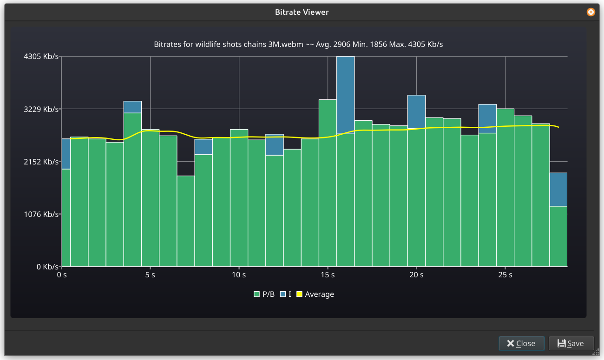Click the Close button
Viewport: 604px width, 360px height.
coord(521,343)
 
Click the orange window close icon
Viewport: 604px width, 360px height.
coord(591,12)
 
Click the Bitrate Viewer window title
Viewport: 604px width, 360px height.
coord(302,12)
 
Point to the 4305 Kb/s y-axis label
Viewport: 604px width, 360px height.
coord(41,57)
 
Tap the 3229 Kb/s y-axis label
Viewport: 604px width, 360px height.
coord(41,109)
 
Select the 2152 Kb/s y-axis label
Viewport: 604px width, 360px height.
coord(41,162)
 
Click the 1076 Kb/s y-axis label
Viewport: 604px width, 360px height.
coord(41,214)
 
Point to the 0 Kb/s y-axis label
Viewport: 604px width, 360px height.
coord(45,267)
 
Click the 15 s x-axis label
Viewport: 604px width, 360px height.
coord(328,275)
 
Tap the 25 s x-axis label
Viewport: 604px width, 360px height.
coord(505,275)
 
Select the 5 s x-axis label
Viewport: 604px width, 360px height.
coord(150,275)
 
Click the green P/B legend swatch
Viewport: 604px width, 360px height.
coord(256,294)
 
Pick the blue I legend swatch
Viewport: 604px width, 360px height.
coord(282,294)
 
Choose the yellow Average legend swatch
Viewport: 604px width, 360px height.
coord(299,294)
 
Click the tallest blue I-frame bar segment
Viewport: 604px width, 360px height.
coord(345,95)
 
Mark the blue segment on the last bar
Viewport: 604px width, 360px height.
coord(558,189)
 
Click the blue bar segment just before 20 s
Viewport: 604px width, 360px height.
coord(416,111)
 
